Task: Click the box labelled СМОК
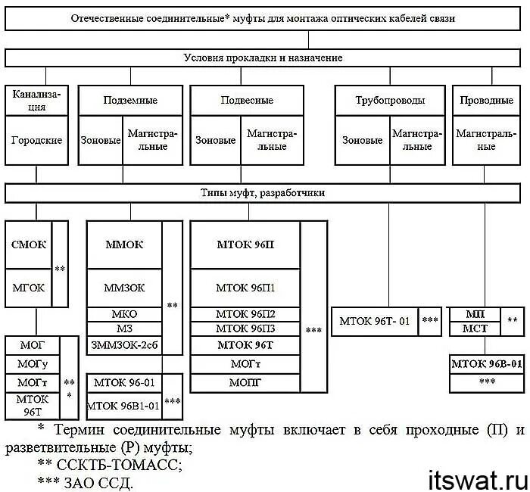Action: coord(29,244)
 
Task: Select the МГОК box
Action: coord(29,288)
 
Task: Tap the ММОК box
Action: coord(124,244)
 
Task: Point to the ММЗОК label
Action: coord(124,288)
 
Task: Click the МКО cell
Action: coord(124,314)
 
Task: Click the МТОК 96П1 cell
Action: coord(245,288)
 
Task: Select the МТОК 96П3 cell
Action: coord(245,328)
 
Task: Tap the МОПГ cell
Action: coord(245,382)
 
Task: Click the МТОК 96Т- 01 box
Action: coord(376,320)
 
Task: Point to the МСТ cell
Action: coord(475,328)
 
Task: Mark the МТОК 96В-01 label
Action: coord(487,364)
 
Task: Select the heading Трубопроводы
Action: coord(390,100)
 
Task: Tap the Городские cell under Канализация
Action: coord(36,140)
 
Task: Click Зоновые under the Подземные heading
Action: coord(101,140)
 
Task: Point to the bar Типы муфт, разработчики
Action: coord(264,193)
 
